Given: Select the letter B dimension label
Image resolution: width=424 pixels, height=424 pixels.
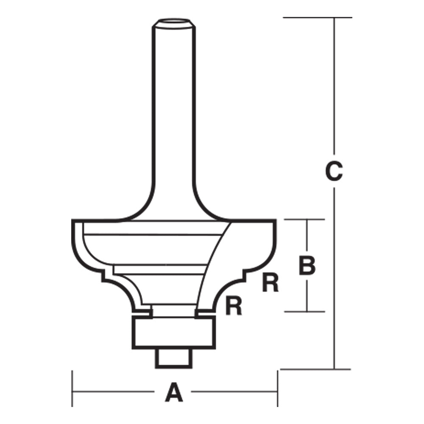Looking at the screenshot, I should (307, 266).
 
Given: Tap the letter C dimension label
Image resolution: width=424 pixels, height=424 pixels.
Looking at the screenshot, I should (334, 172).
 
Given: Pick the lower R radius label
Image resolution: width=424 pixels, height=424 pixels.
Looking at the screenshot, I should (234, 306).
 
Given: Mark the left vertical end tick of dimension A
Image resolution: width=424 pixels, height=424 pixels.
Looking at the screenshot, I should (73, 388).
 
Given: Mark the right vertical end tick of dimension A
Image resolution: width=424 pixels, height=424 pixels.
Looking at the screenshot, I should (278, 388).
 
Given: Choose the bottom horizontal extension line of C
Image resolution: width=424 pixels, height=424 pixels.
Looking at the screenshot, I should (316, 369).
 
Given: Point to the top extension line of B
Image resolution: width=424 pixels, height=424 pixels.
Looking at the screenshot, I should (304, 220).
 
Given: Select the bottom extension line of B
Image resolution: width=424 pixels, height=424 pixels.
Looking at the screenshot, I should (304, 312).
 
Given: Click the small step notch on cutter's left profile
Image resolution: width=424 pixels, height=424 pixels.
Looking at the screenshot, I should (104, 276).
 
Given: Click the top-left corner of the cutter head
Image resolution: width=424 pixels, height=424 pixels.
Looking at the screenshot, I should (73, 220).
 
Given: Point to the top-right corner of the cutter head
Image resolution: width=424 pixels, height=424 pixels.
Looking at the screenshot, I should (276, 220).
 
